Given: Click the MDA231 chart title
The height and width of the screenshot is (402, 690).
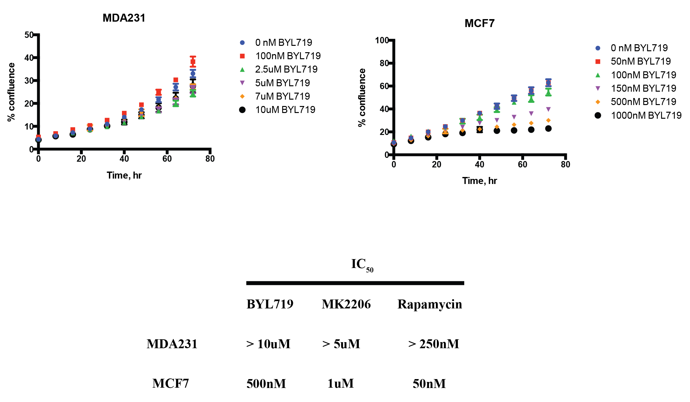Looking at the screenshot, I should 124,18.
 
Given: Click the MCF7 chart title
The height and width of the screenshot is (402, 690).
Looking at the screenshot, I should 479,24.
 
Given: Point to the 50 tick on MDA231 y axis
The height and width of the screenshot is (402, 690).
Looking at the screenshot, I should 29,35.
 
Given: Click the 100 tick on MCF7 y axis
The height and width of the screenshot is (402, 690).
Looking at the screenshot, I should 382,40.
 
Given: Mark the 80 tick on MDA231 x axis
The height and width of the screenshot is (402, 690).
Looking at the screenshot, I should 210,159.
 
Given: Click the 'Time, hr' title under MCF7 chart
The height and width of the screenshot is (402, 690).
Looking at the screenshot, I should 479,181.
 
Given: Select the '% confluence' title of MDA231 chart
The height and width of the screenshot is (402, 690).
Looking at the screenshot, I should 11,92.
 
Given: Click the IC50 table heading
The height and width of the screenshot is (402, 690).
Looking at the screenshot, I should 362,265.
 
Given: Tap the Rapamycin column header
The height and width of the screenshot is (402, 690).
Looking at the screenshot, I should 430,304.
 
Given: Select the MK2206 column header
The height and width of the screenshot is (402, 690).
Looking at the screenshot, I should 346,304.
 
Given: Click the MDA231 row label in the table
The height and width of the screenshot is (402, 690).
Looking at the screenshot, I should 172,344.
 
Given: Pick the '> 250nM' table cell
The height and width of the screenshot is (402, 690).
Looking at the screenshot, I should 433,344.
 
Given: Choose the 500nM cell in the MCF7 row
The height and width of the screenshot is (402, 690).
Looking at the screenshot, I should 266,384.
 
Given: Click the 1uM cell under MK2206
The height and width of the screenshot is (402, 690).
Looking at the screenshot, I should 340,384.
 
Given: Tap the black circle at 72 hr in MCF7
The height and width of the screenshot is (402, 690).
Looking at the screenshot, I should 548,129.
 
